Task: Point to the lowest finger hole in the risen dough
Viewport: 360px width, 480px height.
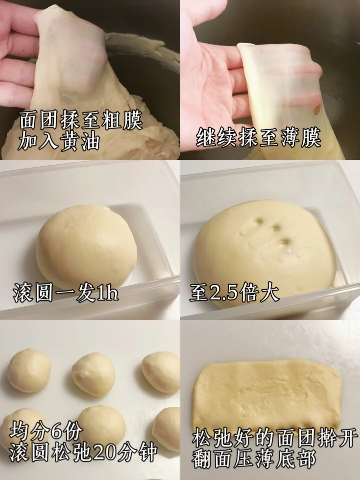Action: pyautogui.click(x=284, y=242)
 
